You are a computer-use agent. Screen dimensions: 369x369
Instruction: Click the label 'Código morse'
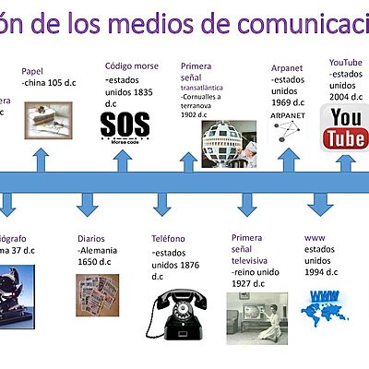[132, 66]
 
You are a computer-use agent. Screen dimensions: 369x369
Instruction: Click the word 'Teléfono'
[174, 239]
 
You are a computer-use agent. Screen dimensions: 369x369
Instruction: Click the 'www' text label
[314, 238]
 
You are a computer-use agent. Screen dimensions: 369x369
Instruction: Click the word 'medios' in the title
[147, 18]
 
